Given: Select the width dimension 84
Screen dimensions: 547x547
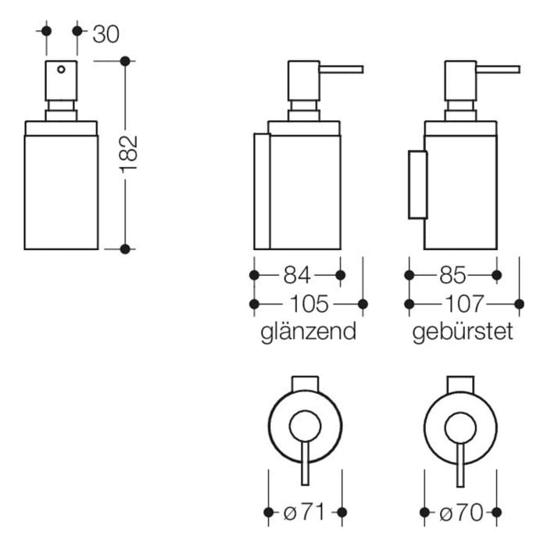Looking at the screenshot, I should [x=297, y=275].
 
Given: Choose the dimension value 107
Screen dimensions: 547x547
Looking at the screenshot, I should [x=464, y=303].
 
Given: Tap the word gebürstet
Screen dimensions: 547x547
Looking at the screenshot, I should [x=463, y=331].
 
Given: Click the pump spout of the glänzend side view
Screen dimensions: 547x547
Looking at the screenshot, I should [x=340, y=69].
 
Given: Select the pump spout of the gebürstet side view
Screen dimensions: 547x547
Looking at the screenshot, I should [x=495, y=69].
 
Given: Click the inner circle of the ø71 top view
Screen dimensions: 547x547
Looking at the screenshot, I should [x=304, y=427].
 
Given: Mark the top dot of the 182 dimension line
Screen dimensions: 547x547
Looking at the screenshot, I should [x=125, y=60].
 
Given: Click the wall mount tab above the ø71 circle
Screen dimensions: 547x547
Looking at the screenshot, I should [x=305, y=383].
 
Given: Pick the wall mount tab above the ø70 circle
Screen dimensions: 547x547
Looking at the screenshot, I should [x=460, y=383].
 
